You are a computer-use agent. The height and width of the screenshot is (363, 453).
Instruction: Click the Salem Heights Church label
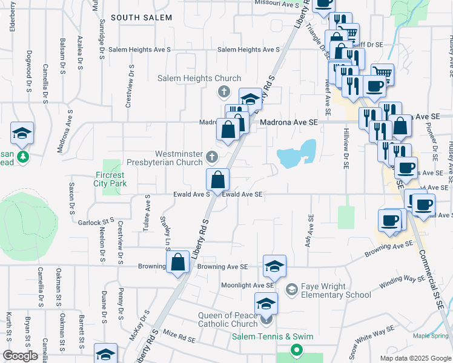coord(199,79)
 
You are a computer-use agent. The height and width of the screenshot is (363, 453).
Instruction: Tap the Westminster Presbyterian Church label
coord(164,158)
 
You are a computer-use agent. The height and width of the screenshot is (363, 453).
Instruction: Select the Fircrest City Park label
coord(110,179)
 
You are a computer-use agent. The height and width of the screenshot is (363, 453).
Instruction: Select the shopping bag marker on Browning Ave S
coord(178,263)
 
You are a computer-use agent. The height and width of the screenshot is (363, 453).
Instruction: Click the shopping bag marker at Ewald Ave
coord(217,180)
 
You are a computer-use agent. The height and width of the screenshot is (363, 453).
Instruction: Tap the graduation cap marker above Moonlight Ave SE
coord(274,266)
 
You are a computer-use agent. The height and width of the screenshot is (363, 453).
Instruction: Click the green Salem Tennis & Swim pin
coord(296,350)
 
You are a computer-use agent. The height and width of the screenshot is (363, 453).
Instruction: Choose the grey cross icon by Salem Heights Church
coord(223,92)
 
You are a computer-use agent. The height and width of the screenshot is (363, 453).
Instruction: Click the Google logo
coord(20,356)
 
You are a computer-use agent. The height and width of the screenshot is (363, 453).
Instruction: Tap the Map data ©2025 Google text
coord(415,358)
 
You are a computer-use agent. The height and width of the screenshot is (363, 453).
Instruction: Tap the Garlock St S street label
coord(96,222)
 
